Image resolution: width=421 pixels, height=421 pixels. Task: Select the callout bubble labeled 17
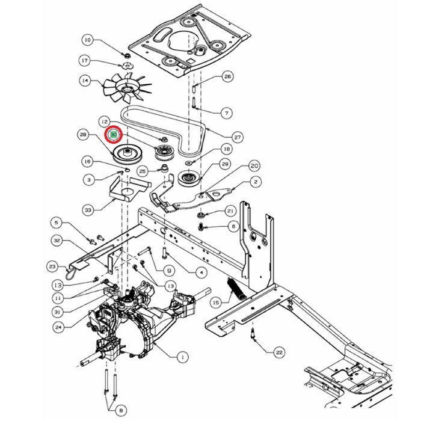[85, 61]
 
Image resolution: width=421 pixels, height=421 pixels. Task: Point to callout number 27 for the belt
[238, 137]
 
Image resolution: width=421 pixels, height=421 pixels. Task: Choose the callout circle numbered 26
[227, 76]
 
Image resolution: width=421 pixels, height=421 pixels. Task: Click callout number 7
[227, 112]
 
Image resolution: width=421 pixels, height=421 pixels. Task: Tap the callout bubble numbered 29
[225, 164]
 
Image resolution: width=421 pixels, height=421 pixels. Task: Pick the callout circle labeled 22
[278, 352]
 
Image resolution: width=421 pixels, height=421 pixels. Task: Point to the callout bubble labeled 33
[88, 210]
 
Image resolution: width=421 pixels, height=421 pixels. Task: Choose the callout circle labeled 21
[230, 210]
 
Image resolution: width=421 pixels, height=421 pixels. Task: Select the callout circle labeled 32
[57, 240]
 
